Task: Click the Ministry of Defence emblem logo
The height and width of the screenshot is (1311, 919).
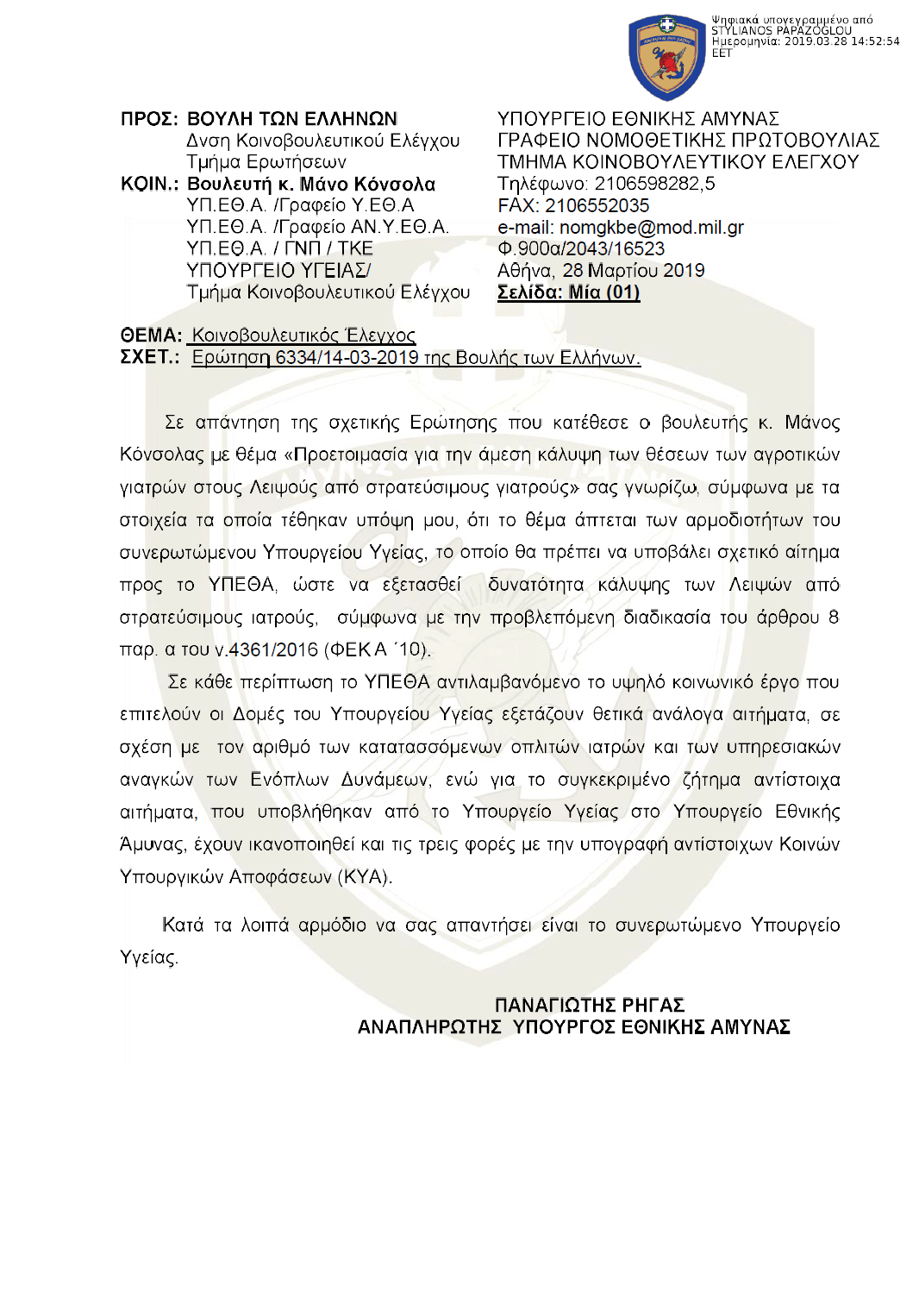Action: [x=666, y=57]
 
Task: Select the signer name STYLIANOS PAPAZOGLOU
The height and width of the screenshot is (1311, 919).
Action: [x=781, y=31]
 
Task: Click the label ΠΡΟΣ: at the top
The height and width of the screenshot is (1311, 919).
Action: [x=149, y=119]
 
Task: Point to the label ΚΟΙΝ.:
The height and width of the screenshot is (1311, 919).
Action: [x=149, y=185]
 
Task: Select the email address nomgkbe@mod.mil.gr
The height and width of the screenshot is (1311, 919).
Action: [x=651, y=228]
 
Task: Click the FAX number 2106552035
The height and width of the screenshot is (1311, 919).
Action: [x=597, y=206]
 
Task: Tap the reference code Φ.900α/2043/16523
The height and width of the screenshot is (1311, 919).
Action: [x=581, y=249]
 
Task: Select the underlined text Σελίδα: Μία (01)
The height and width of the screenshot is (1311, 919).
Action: [x=568, y=292]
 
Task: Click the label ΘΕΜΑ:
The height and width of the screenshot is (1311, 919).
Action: [x=151, y=336]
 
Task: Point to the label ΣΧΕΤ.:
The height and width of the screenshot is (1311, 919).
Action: [x=149, y=357]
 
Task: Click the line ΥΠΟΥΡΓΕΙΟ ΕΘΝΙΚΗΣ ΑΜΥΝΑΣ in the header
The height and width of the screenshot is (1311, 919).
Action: [x=638, y=119]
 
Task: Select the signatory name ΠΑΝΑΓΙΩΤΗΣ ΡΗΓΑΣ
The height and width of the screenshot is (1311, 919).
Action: [x=589, y=1006]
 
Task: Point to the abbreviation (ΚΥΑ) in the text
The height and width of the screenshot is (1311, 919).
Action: [x=365, y=877]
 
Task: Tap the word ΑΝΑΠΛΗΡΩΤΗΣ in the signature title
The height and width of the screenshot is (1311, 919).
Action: [x=429, y=1027]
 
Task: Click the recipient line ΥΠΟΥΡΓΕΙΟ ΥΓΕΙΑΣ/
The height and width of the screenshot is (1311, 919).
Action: [x=278, y=271]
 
